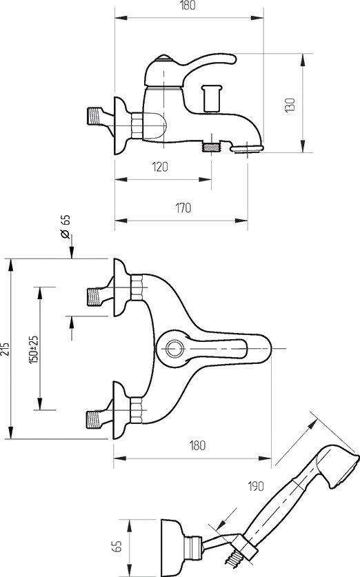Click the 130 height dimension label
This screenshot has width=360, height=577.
pos(290,105)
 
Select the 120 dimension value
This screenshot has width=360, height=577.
pos(160,167)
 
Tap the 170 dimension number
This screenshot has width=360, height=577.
pos(183,208)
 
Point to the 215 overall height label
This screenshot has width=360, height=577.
pos(5,349)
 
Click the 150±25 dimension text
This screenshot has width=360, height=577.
pos(34,350)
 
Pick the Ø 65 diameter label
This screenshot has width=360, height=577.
pos(65,226)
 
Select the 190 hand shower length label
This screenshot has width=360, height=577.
pos(255,486)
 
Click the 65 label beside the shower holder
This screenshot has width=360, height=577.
pos(117,546)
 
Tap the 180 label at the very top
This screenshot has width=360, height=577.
pos(188,6)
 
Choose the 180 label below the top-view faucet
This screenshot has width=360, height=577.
pos(197,445)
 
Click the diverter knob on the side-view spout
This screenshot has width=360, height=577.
pos(212,97)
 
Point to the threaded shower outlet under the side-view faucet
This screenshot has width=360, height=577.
pos(211,146)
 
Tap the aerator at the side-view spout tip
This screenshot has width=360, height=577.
pos(248,148)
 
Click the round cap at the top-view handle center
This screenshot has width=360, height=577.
pos(173,347)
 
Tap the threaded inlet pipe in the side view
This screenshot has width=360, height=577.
pos(94,115)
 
